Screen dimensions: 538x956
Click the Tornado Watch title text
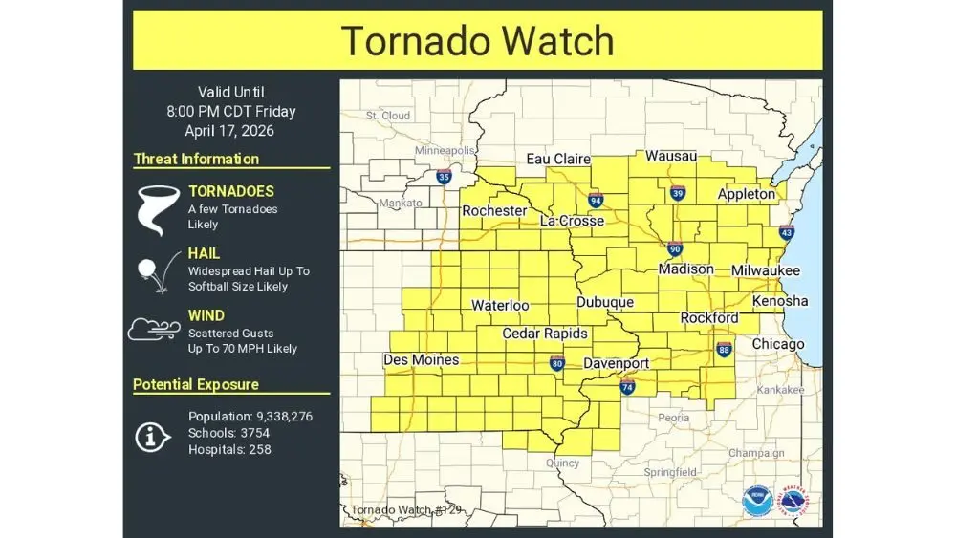pos(477,41)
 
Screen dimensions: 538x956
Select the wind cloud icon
pos(154,330)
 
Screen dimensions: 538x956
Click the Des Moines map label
pos(421,360)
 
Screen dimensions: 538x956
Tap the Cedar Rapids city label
pos(545,334)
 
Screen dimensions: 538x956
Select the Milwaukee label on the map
pos(765,270)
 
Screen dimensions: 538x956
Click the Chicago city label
pos(777,344)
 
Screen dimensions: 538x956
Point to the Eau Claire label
pos(558,160)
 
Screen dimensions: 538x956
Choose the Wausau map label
pos(671,156)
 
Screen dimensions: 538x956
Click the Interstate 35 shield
pos(444,177)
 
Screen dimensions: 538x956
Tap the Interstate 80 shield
pos(557,363)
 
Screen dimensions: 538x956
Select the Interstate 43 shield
pos(786,231)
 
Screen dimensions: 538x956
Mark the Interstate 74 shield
pos(627,387)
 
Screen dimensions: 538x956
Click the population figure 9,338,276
pos(284,417)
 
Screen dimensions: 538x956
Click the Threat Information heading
pos(196,159)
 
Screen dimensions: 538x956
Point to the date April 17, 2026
pos(230,131)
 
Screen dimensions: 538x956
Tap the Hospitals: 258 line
pos(229,449)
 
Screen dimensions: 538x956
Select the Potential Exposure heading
pos(196,384)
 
